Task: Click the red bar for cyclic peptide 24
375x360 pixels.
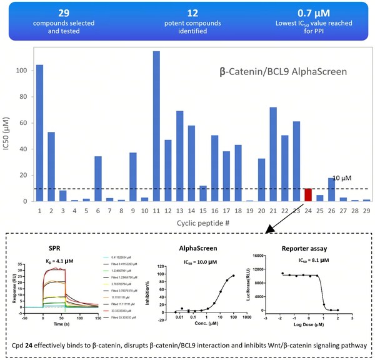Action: click(x=307, y=194)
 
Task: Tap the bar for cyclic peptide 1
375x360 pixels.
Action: click(x=39, y=133)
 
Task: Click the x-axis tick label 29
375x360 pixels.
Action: click(x=367, y=211)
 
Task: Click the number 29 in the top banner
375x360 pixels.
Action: click(x=64, y=12)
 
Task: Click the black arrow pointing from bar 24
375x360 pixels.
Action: click(x=287, y=217)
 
